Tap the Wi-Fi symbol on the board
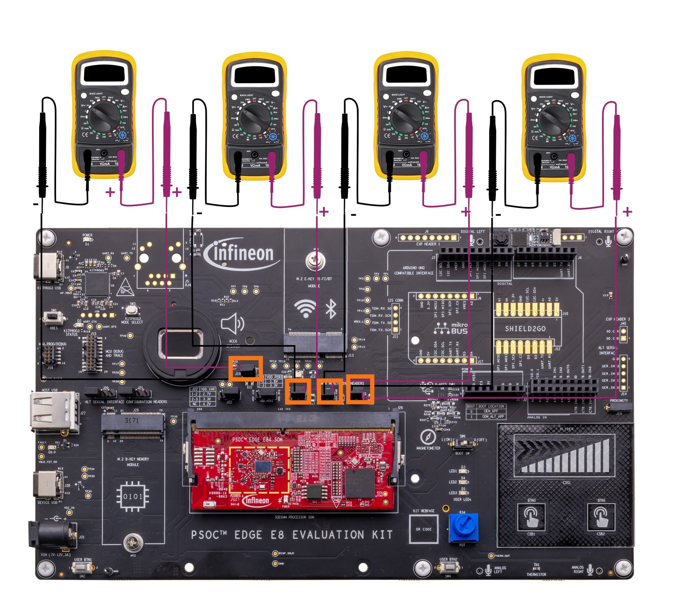[x=305, y=308]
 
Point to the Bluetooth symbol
[x=331, y=308]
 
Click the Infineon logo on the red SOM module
[x=256, y=500]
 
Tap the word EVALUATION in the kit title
[x=328, y=535]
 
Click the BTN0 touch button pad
[x=531, y=517]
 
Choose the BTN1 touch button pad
[x=601, y=517]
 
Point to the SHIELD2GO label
[x=525, y=329]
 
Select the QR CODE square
[x=424, y=529]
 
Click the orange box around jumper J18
[x=245, y=368]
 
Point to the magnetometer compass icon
[x=428, y=437]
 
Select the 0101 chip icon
[x=132, y=496]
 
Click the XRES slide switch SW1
[x=54, y=317]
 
